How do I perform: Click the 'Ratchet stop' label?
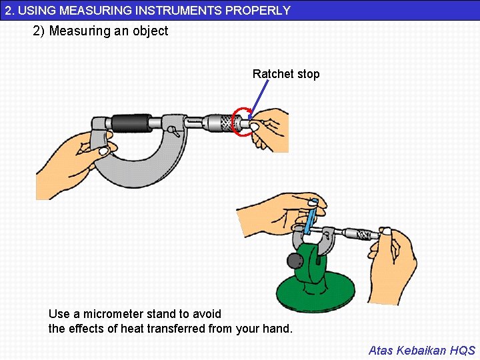pyautogui.click(x=286, y=74)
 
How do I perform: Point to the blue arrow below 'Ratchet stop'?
pyautogui.click(x=259, y=99)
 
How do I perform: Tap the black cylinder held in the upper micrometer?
pyautogui.click(x=131, y=123)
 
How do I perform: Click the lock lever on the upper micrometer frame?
pyautogui.click(x=173, y=131)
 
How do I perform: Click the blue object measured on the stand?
pyautogui.click(x=311, y=217)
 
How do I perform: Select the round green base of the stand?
pyautogui.click(x=315, y=293)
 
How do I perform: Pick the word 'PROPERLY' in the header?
pyautogui.click(x=258, y=11)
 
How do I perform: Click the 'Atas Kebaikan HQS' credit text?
pyautogui.click(x=422, y=350)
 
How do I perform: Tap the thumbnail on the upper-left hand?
pyautogui.click(x=103, y=151)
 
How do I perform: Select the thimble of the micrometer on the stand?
pyautogui.click(x=361, y=235)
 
